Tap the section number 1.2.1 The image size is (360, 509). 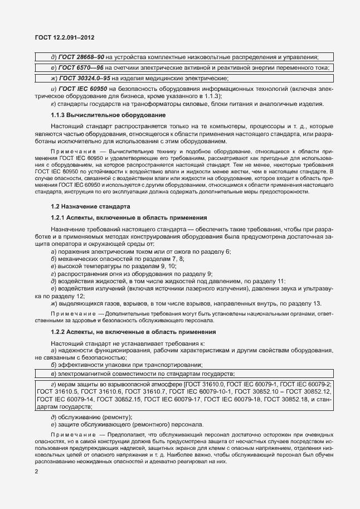[x=59, y=216]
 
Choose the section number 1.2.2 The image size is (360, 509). [x=59, y=332]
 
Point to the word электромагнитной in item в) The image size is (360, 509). [x=84, y=374]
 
